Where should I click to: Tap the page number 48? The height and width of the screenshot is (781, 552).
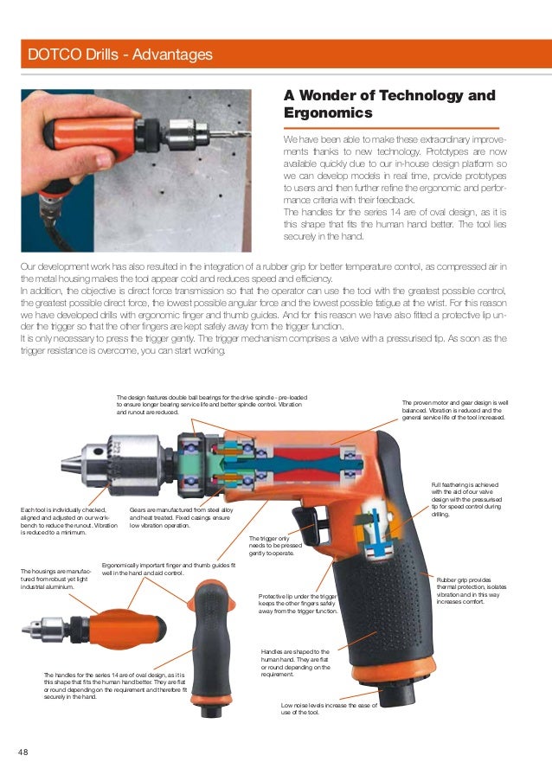[x=23, y=752]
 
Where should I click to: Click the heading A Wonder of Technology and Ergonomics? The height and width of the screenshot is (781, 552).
[x=389, y=104]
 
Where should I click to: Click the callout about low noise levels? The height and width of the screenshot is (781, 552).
[x=332, y=710]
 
